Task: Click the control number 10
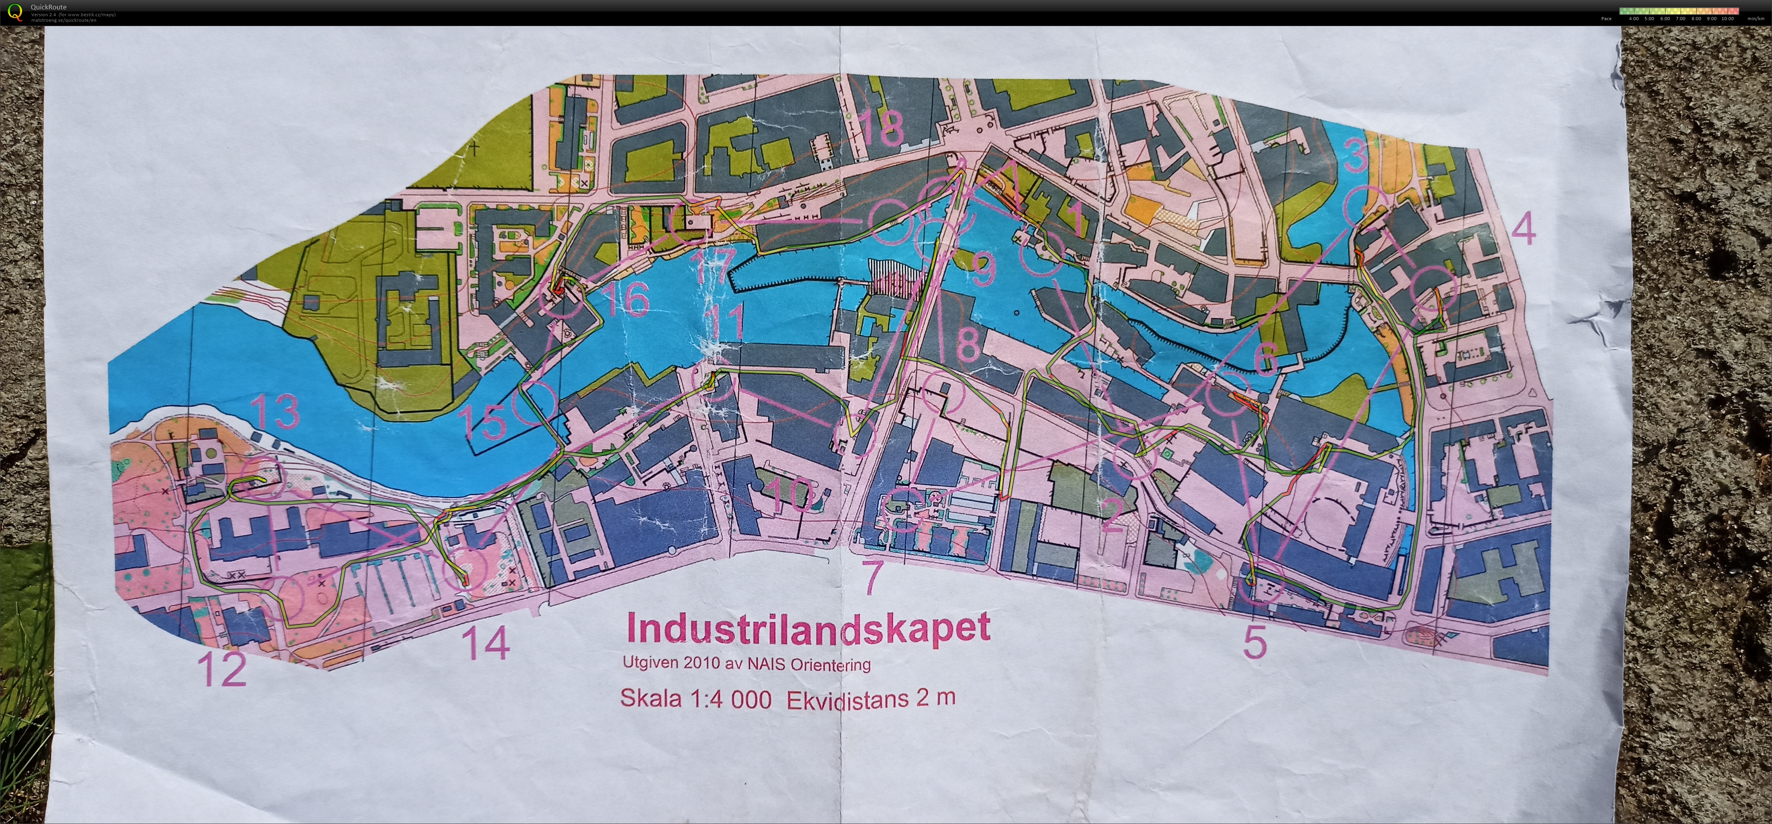pos(789,494)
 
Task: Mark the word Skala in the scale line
pos(651,698)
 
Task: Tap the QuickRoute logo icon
pos(15,12)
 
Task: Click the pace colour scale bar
pos(1678,11)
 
